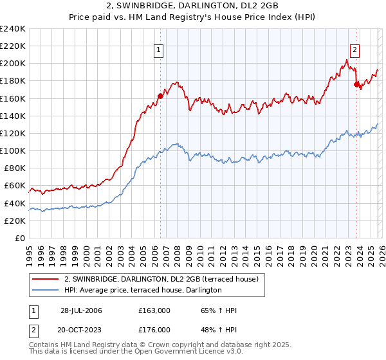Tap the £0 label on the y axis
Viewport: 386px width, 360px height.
pyautogui.click(x=19, y=238)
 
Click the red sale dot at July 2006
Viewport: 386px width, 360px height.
pyautogui.click(x=160, y=96)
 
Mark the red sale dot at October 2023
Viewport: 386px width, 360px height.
pyautogui.click(x=356, y=84)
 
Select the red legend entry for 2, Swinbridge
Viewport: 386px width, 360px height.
pyautogui.click(x=161, y=279)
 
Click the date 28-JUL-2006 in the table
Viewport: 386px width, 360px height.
pyautogui.click(x=81, y=310)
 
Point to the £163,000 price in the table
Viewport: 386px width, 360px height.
pyautogui.click(x=154, y=310)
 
